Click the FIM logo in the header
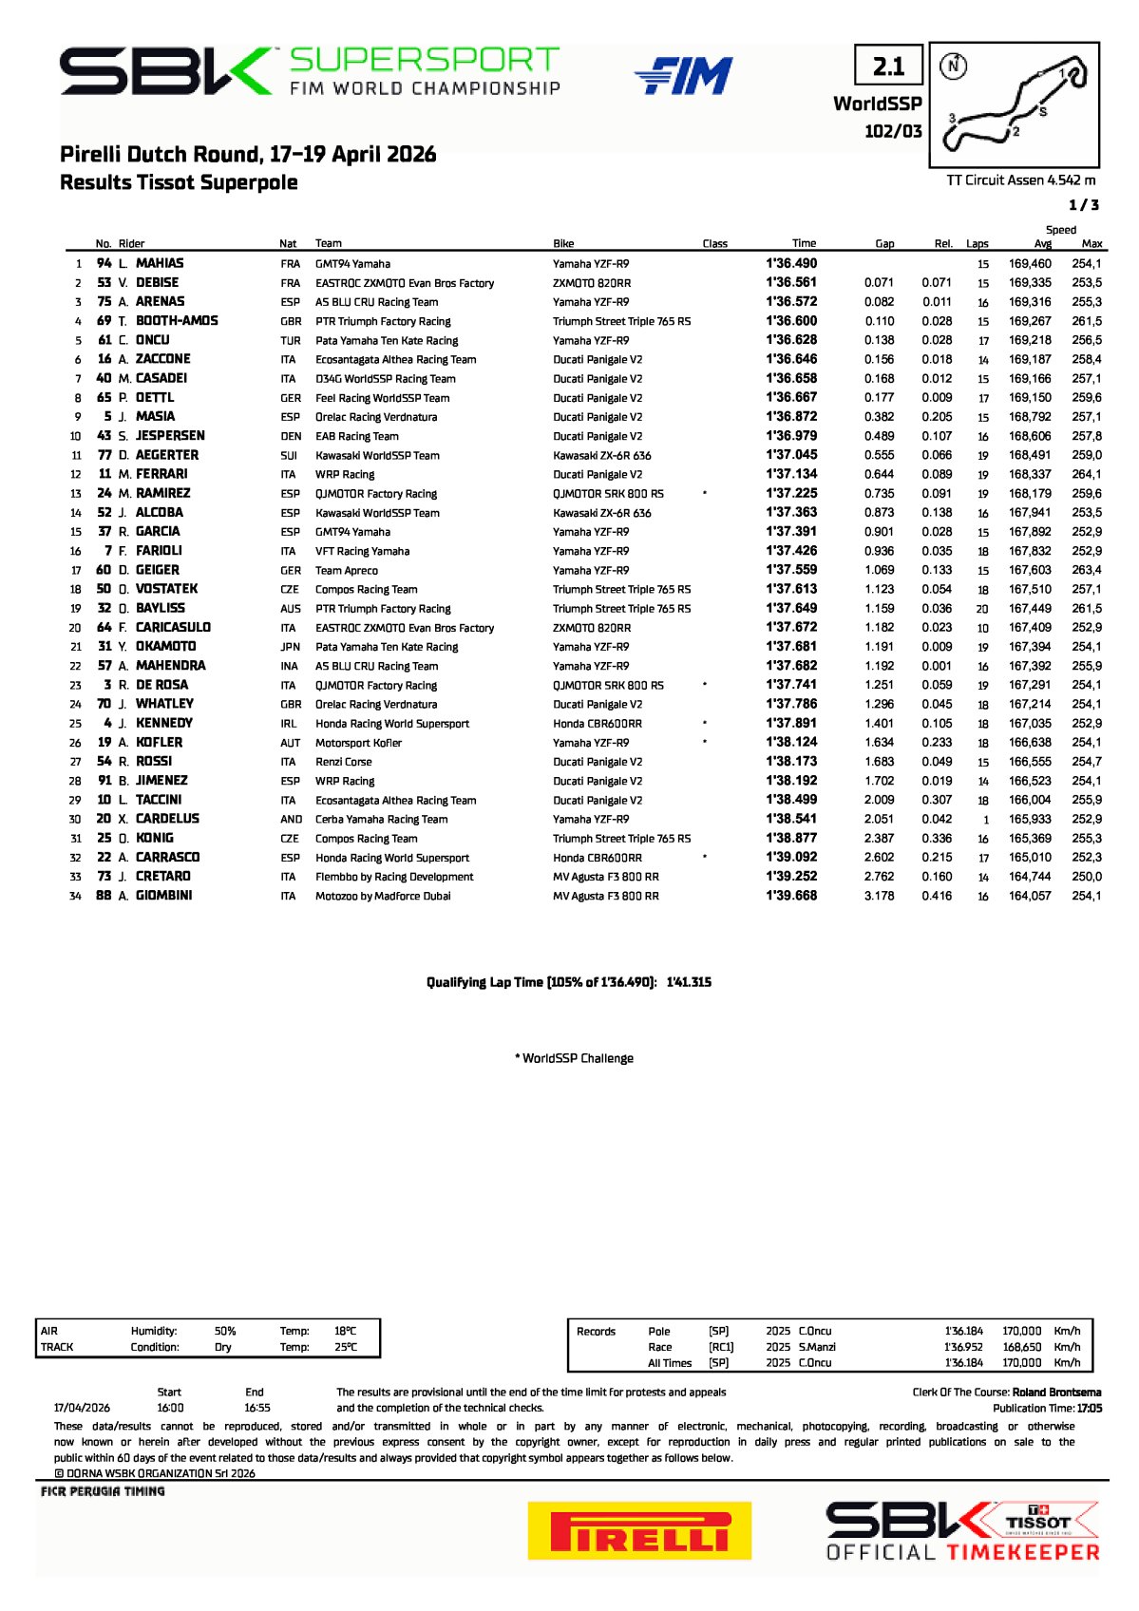tap(684, 76)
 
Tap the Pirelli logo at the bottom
tap(639, 1530)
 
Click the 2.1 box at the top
tap(888, 66)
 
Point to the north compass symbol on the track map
tap(953, 66)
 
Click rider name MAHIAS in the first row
tap(160, 263)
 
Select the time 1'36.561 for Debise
tap(791, 282)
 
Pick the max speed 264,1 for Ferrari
tap(1086, 474)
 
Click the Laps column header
tap(977, 244)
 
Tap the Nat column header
tap(288, 244)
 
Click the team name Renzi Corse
tap(343, 762)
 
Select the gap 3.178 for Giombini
tap(879, 896)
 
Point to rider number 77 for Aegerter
tap(104, 455)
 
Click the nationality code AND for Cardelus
tap(291, 819)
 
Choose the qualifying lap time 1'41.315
tap(689, 982)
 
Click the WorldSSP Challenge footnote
tap(574, 1058)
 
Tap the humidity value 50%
tap(225, 1331)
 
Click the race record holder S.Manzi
tap(817, 1347)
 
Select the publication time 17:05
tap(1089, 1409)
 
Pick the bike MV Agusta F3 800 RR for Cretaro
tap(605, 877)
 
